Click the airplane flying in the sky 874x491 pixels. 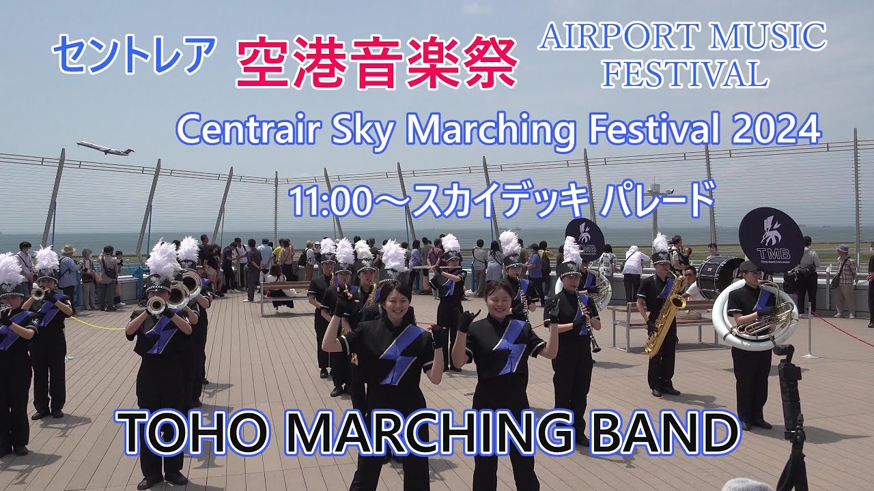tap(104, 148)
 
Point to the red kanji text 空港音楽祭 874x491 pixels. tap(376, 63)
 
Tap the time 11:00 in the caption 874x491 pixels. tap(330, 200)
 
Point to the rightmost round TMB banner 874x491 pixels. tap(770, 239)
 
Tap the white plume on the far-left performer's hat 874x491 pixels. tap(9, 269)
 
